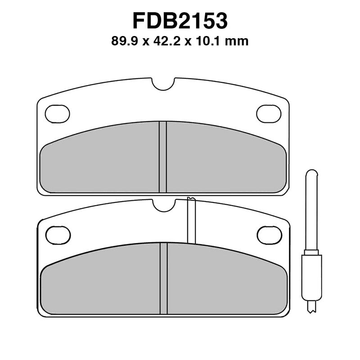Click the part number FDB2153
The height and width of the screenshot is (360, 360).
point(180,21)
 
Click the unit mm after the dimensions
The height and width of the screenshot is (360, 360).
point(238,42)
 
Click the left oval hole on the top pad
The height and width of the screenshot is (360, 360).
point(58,113)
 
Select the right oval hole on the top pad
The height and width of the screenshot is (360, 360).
point(269,113)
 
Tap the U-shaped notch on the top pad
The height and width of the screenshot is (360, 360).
point(163,84)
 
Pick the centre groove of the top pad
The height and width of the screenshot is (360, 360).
point(163,157)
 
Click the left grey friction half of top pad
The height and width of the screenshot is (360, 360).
point(101,162)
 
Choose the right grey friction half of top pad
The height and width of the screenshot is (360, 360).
point(225,162)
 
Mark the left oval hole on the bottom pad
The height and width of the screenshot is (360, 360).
point(58,234)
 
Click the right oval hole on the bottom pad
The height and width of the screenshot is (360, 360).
point(269,234)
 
